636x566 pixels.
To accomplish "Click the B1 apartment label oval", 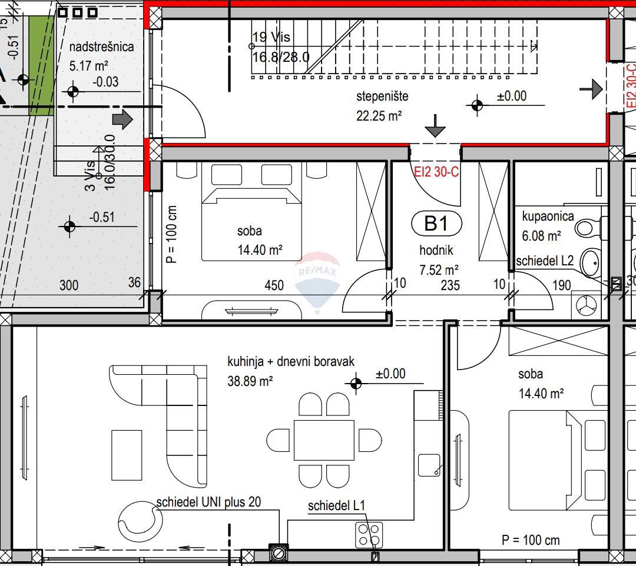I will pyautogui.click(x=436, y=224).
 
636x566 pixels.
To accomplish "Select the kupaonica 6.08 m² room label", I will pyautogui.click(x=547, y=226).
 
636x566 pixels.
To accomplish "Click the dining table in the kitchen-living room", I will pyautogui.click(x=324, y=440).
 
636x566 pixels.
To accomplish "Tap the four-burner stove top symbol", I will pyautogui.click(x=369, y=535).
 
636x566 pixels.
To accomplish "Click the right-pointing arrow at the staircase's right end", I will pyautogui.click(x=592, y=89).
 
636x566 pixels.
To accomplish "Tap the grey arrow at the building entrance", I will pyautogui.click(x=122, y=119).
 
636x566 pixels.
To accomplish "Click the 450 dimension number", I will pyautogui.click(x=274, y=285).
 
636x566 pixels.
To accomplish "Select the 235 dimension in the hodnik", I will pyautogui.click(x=449, y=285).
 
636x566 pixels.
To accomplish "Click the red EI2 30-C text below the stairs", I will pyautogui.click(x=436, y=172).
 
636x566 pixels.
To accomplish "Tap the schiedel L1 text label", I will pyautogui.click(x=336, y=506).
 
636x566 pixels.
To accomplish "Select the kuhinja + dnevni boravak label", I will pyautogui.click(x=291, y=361).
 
